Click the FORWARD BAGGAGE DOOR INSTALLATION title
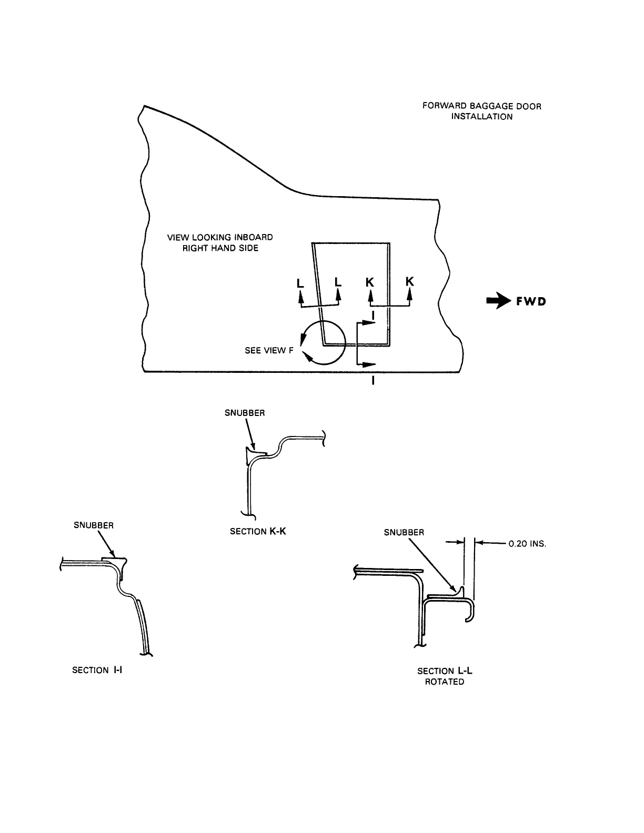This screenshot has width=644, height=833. [x=481, y=111]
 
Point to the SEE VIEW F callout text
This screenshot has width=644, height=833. [x=269, y=350]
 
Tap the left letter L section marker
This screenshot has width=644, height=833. [x=300, y=283]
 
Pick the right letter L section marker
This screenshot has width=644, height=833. [x=338, y=282]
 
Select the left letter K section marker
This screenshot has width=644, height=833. [x=370, y=282]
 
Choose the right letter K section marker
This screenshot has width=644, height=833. [x=409, y=282]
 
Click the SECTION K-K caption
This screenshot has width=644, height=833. [x=258, y=531]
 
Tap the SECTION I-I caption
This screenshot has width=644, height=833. [x=97, y=670]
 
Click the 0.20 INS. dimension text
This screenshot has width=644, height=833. [x=527, y=544]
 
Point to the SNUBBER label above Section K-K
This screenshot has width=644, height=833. [x=245, y=413]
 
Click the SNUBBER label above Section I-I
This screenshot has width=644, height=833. [x=94, y=525]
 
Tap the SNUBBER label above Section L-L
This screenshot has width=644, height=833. [x=404, y=532]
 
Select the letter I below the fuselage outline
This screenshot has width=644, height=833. [x=373, y=381]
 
